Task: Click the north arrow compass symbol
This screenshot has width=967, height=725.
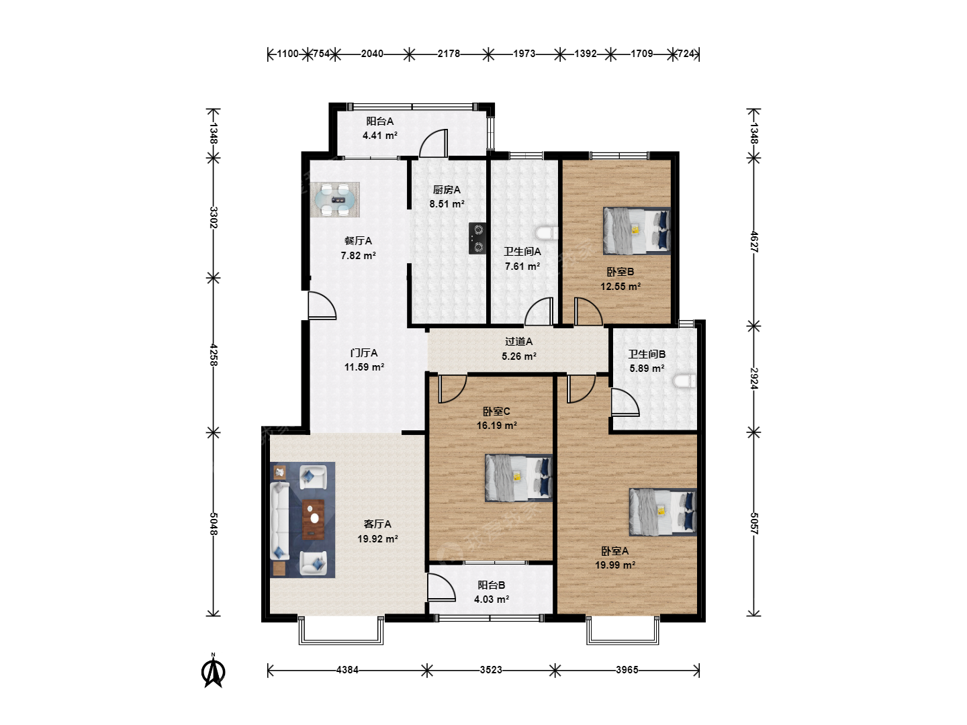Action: [214, 671]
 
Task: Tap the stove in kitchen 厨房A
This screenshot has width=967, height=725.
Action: [477, 238]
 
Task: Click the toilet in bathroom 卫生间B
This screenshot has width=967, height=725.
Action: [684, 381]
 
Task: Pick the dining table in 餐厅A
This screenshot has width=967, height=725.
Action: [335, 200]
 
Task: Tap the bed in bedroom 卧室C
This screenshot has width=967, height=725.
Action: [519, 478]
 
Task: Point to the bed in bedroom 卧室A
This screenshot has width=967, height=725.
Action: [663, 512]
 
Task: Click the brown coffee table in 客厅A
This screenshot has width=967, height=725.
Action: [313, 520]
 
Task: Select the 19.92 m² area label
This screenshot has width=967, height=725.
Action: [377, 539]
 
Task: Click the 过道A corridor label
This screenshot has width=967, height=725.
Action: [519, 341]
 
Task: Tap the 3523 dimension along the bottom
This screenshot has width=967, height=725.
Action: [491, 670]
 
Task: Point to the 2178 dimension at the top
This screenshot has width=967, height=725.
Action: [449, 54]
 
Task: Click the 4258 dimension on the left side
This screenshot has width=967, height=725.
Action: [214, 355]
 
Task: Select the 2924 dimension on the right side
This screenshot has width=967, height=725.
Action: [753, 379]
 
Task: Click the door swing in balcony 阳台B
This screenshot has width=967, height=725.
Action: [441, 587]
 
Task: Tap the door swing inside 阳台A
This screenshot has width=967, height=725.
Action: [434, 143]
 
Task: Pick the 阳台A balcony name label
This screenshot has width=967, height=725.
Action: [380, 121]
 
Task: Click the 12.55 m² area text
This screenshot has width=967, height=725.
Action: [620, 287]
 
